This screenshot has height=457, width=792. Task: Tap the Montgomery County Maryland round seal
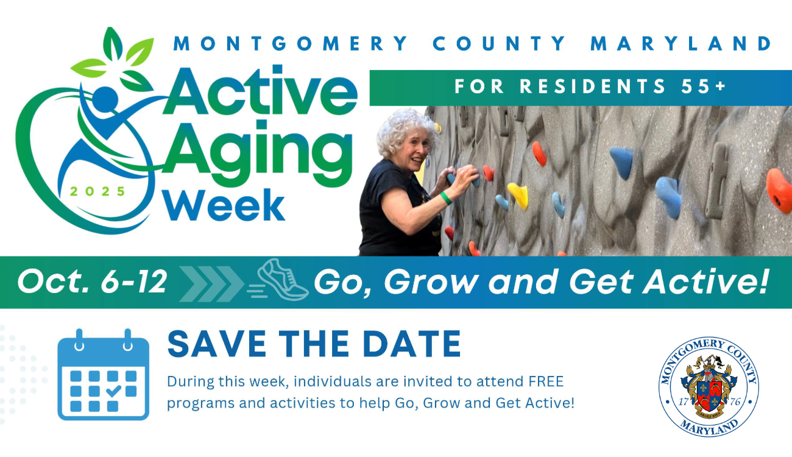[x=709, y=386]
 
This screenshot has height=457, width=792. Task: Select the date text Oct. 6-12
[x=91, y=282]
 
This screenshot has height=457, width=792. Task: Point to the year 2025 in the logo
[x=97, y=191]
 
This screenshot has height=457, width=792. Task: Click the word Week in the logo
[x=224, y=205]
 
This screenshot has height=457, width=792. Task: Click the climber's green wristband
[x=446, y=198]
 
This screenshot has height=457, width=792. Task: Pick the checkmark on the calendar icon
[x=113, y=391]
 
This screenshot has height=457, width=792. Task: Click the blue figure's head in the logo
[x=105, y=97]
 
